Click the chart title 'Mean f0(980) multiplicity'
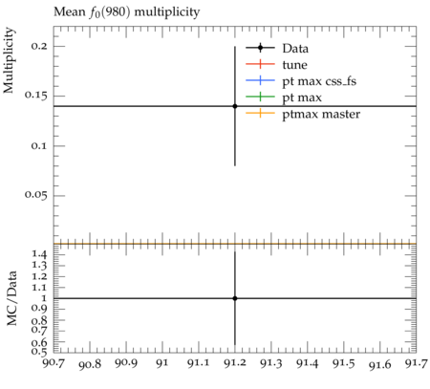point(126,12)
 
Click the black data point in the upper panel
point(235,106)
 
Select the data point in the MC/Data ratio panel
point(235,298)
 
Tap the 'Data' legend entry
point(295,49)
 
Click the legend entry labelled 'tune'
point(294,65)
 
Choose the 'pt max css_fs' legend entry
point(319,81)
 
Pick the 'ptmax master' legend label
point(321,115)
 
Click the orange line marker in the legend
point(260,113)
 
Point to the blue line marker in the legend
point(260,80)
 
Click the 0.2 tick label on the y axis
point(39,46)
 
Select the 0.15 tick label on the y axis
point(35,96)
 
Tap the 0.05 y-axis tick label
point(35,195)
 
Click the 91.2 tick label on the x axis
point(235,363)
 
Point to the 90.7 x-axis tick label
point(54,363)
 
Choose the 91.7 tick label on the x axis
point(417,363)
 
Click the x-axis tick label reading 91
point(162,363)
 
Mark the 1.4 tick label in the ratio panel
point(39,254)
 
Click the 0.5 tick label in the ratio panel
point(39,352)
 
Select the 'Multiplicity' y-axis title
point(9,60)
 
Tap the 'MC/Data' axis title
point(11,298)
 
